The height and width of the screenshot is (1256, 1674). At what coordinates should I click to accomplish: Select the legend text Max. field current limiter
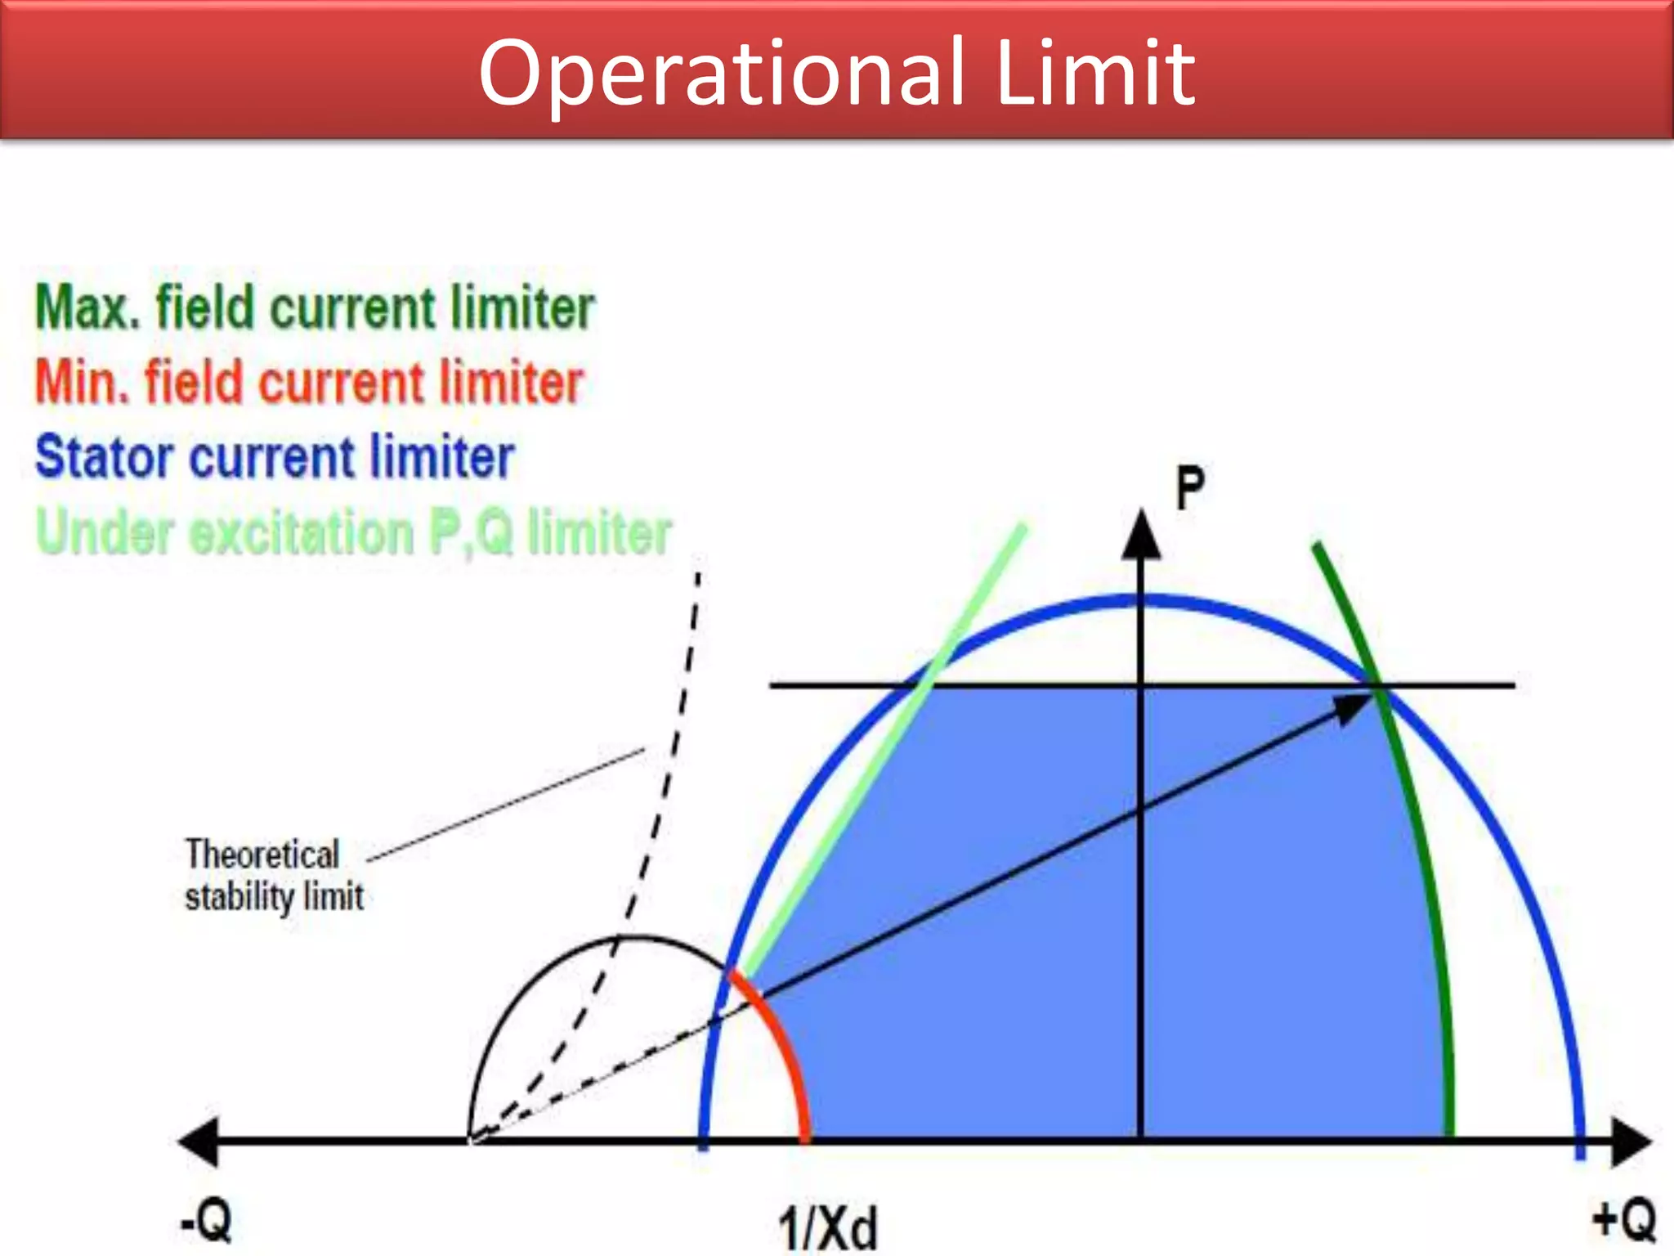pos(315,308)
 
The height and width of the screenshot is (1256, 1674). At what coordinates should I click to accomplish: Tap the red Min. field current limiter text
pos(309,383)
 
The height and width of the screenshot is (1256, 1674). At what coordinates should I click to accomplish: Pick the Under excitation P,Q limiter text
pos(353,532)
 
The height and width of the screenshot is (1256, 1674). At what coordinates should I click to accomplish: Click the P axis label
pos(1189,488)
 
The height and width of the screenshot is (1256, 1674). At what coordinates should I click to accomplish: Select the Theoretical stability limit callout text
pos(274,875)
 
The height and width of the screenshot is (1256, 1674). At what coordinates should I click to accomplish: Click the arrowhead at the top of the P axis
pos(1141,535)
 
